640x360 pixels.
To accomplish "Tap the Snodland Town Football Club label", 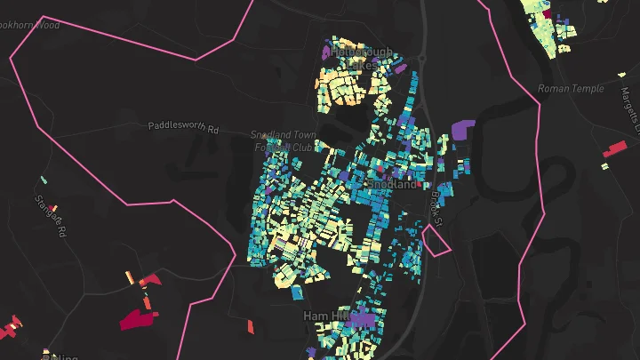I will [x=284, y=140].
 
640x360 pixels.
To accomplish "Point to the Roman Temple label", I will [x=571, y=88].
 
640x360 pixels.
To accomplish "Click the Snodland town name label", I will [x=391, y=185].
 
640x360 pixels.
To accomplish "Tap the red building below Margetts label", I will [x=615, y=148].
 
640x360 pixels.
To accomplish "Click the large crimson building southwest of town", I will [x=136, y=317].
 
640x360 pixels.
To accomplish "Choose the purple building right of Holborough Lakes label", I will [x=399, y=67].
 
